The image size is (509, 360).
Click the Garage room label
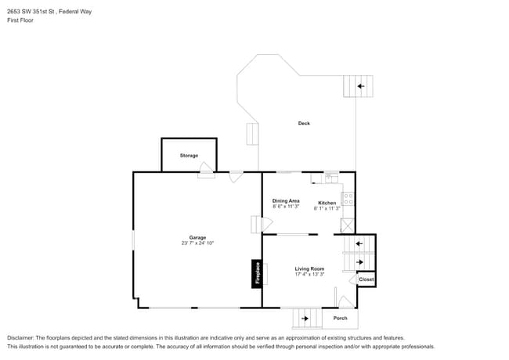point(197,237)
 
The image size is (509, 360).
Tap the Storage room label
point(189,156)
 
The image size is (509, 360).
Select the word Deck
point(304,123)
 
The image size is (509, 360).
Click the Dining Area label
point(286,201)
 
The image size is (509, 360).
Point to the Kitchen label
point(327,203)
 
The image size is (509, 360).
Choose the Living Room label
point(309,268)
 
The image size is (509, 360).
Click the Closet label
point(366,279)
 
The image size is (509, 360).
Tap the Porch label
point(340,319)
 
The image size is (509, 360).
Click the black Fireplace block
point(257,274)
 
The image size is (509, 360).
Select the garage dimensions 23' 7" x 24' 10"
point(197,243)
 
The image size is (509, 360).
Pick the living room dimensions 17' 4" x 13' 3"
point(309,274)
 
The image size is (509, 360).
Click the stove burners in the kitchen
point(347,199)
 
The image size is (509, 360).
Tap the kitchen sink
point(331,178)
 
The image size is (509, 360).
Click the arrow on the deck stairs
point(361,86)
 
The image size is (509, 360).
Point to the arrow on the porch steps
point(305,319)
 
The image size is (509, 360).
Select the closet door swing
point(353,279)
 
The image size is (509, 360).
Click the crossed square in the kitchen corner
point(347,225)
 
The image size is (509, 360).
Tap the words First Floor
point(20,20)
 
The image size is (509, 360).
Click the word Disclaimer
point(20,338)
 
